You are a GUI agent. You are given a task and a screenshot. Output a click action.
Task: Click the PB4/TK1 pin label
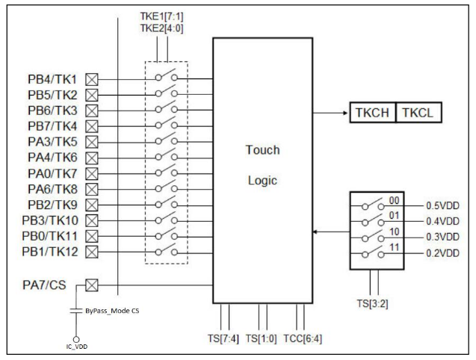[52, 79]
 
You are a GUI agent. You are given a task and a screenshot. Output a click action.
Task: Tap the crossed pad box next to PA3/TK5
[93, 142]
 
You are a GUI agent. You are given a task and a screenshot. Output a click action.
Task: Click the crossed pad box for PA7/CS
[93, 285]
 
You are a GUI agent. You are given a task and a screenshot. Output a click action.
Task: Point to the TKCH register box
[371, 113]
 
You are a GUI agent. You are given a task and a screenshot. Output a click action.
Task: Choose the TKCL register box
[418, 113]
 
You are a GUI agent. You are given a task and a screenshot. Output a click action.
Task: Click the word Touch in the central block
[262, 150]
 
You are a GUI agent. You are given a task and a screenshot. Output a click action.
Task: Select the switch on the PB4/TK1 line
[167, 78]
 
